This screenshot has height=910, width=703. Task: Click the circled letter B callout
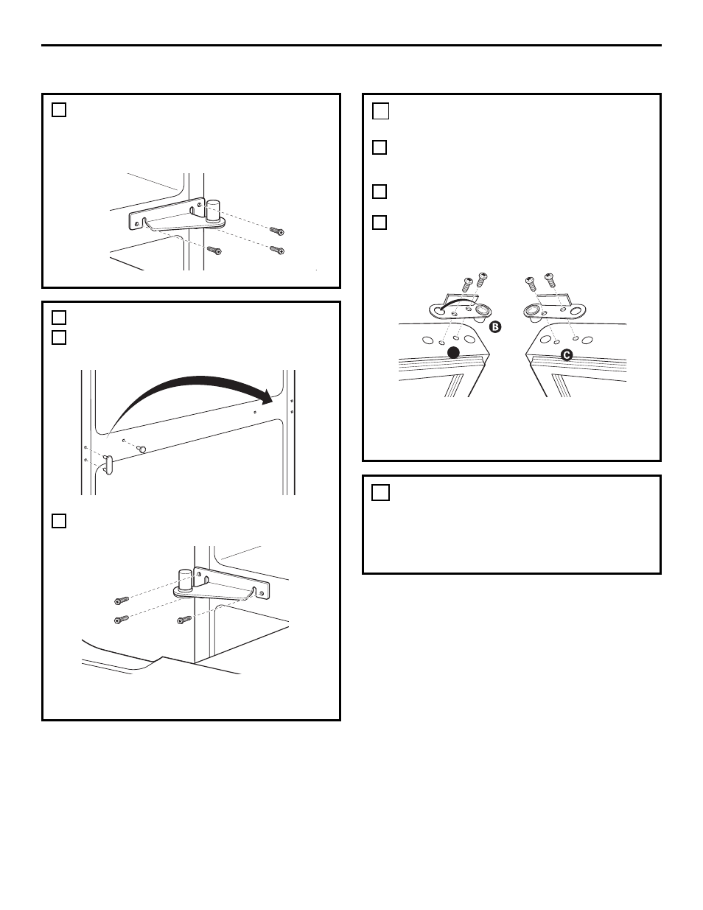click(x=495, y=326)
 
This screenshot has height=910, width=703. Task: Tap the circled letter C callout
click(x=566, y=354)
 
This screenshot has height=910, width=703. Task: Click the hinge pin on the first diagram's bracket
click(x=213, y=209)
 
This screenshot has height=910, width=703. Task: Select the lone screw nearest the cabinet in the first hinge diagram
click(x=214, y=251)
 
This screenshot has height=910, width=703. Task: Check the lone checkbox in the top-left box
click(x=60, y=111)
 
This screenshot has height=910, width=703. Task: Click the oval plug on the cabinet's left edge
click(x=108, y=466)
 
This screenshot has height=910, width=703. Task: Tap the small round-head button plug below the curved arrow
click(x=144, y=449)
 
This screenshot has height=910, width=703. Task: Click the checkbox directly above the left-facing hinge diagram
click(x=60, y=521)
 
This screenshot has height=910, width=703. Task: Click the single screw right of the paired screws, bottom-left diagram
click(x=185, y=620)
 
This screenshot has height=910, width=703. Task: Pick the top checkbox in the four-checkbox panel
click(x=380, y=112)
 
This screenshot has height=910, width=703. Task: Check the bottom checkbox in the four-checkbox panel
click(x=380, y=222)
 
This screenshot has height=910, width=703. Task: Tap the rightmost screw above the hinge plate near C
click(x=550, y=280)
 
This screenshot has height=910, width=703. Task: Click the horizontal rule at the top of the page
click(x=351, y=46)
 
